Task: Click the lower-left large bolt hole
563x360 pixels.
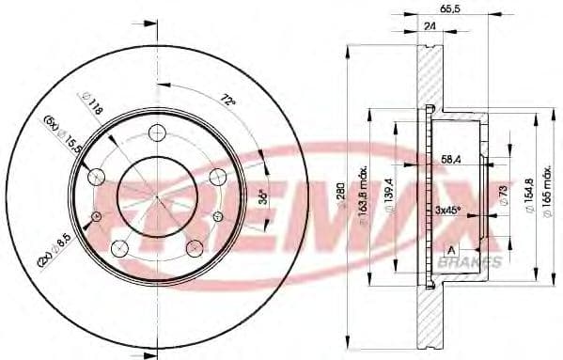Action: click(119, 248)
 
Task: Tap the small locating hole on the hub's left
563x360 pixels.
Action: click(96, 218)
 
